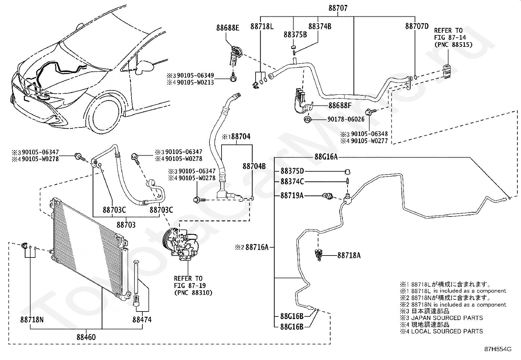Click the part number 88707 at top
[338, 8]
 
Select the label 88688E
[228, 28]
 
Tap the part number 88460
[86, 337]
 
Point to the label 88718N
[32, 320]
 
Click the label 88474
[142, 320]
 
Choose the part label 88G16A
[326, 157]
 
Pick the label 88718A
[349, 256]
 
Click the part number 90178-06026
[346, 119]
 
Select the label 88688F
[340, 105]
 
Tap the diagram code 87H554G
[498, 349]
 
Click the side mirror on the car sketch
[145, 67]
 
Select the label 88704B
[254, 166]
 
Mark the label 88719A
[292, 196]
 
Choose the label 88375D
[292, 171]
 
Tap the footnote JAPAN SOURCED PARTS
[447, 318]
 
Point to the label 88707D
[417, 26]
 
